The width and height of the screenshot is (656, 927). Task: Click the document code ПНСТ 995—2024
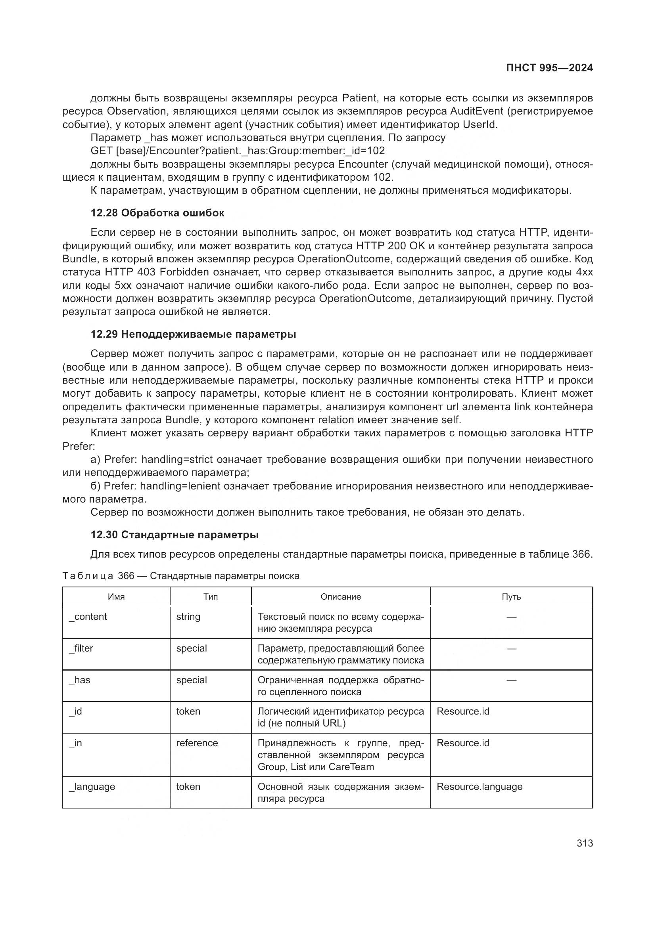point(549,68)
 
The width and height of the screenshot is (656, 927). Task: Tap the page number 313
point(585,843)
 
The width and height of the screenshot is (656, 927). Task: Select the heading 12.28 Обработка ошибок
point(157,213)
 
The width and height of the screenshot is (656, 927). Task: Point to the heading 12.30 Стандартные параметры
point(175,535)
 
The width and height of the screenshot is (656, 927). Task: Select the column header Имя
point(116,597)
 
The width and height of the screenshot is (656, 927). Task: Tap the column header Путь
point(511,597)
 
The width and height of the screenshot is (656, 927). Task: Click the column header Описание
point(341,597)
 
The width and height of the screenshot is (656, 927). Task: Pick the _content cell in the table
point(88,617)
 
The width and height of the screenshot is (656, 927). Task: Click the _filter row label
point(81,648)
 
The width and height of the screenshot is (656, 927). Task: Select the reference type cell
point(197,743)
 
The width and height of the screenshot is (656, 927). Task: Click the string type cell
point(188,617)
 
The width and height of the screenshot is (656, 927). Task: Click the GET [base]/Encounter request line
point(238,151)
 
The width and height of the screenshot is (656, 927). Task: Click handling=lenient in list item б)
point(180,486)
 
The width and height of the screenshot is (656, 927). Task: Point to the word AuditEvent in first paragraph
point(476,111)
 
